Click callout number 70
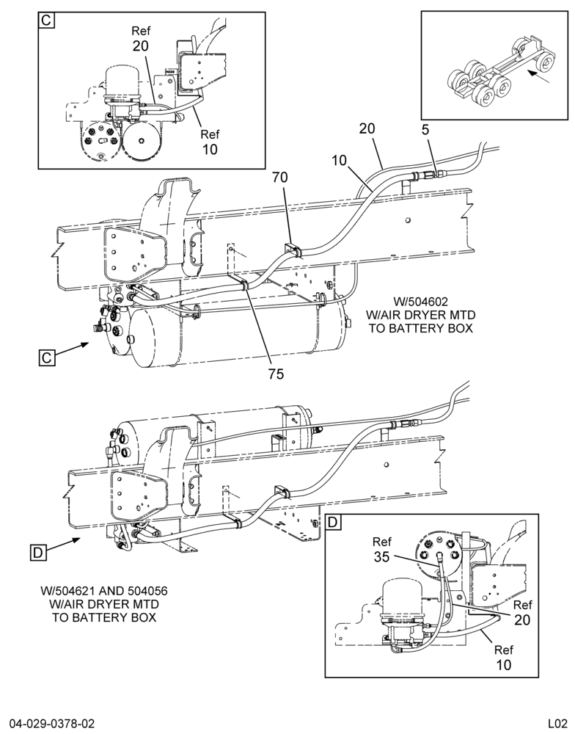[280, 178]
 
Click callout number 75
[276, 374]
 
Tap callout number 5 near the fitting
[425, 130]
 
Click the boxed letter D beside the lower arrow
[38, 553]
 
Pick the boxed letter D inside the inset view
[332, 522]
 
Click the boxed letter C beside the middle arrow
[47, 357]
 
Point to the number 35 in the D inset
[382, 557]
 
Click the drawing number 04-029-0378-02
[48, 724]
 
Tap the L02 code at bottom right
[558, 724]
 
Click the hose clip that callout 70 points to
[293, 250]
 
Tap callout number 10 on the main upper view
[339, 161]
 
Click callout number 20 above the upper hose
[367, 128]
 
